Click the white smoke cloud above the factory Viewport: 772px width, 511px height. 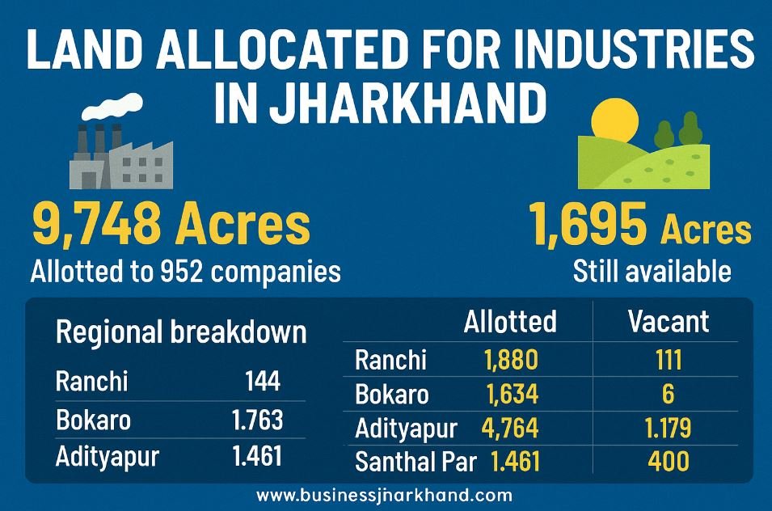pos(112,107)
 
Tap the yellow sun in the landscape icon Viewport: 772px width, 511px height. pos(615,121)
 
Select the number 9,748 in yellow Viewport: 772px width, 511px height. pos(96,225)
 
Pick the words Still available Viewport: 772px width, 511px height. pos(652,272)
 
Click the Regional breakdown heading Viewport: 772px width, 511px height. pos(181,332)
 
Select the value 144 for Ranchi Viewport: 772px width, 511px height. pos(263,381)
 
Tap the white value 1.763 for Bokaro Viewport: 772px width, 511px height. pos(258,420)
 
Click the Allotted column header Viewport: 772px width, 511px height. pos(510,322)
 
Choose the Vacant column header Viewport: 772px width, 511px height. pos(668,322)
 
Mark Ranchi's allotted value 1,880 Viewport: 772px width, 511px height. pos(511,360)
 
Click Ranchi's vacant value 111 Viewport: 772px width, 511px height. pos(669,360)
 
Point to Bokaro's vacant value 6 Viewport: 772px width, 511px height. pos(668,395)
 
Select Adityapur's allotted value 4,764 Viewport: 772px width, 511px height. pos(510,428)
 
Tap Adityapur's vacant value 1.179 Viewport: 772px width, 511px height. pos(668,428)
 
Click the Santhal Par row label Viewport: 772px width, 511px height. pos(416,462)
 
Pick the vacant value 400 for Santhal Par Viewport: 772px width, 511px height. pos(669,462)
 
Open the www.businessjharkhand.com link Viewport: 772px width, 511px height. pos(385,496)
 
